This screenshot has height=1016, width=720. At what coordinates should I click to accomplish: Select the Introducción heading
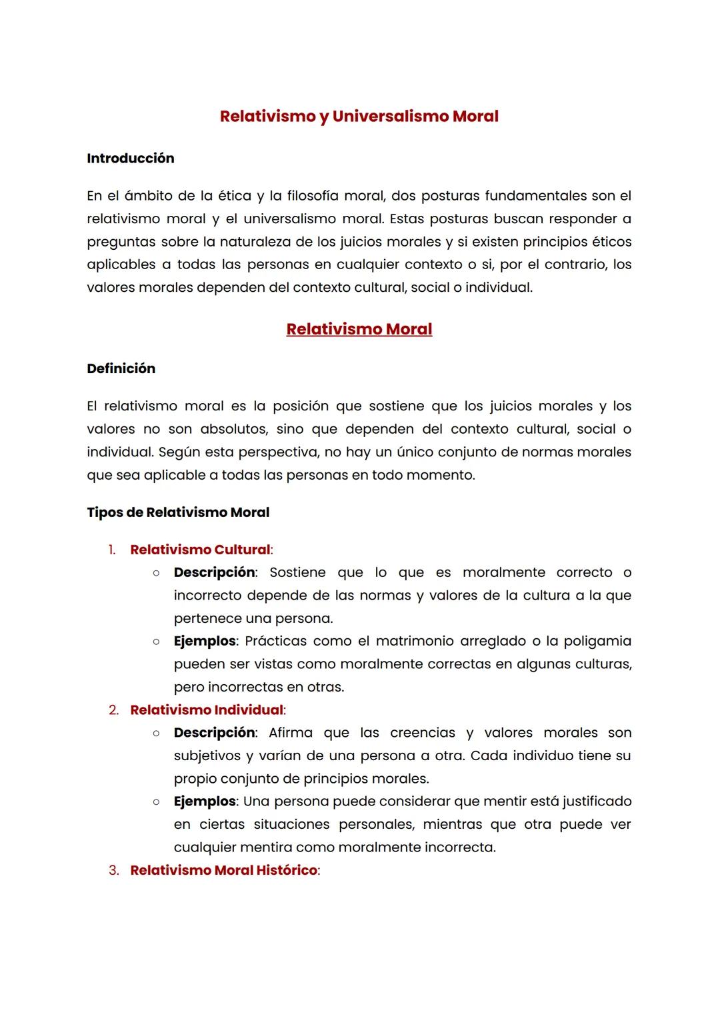tap(131, 159)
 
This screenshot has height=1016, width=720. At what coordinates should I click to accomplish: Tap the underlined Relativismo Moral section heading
tap(359, 329)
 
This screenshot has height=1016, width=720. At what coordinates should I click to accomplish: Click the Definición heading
tap(121, 369)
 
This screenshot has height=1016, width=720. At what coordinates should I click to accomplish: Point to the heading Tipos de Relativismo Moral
tap(178, 512)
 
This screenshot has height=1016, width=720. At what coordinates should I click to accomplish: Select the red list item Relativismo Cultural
tap(200, 550)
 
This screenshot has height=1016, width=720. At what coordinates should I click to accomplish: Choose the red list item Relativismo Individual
tap(207, 710)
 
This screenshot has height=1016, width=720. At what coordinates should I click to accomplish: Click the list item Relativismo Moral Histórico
tap(223, 870)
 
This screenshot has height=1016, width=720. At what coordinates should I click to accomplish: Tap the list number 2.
tap(113, 710)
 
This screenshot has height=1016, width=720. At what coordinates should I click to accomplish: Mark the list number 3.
tap(113, 871)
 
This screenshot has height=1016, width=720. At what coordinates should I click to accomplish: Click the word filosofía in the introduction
tap(313, 196)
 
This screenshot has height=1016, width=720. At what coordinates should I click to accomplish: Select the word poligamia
tap(597, 641)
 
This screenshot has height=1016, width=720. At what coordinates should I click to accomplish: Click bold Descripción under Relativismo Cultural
tap(214, 572)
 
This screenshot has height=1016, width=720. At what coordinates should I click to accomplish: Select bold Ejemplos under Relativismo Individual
tap(205, 801)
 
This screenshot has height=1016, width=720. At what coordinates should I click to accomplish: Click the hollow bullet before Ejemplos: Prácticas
tap(155, 642)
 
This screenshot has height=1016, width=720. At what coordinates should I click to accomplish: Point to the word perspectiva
tap(277, 452)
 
